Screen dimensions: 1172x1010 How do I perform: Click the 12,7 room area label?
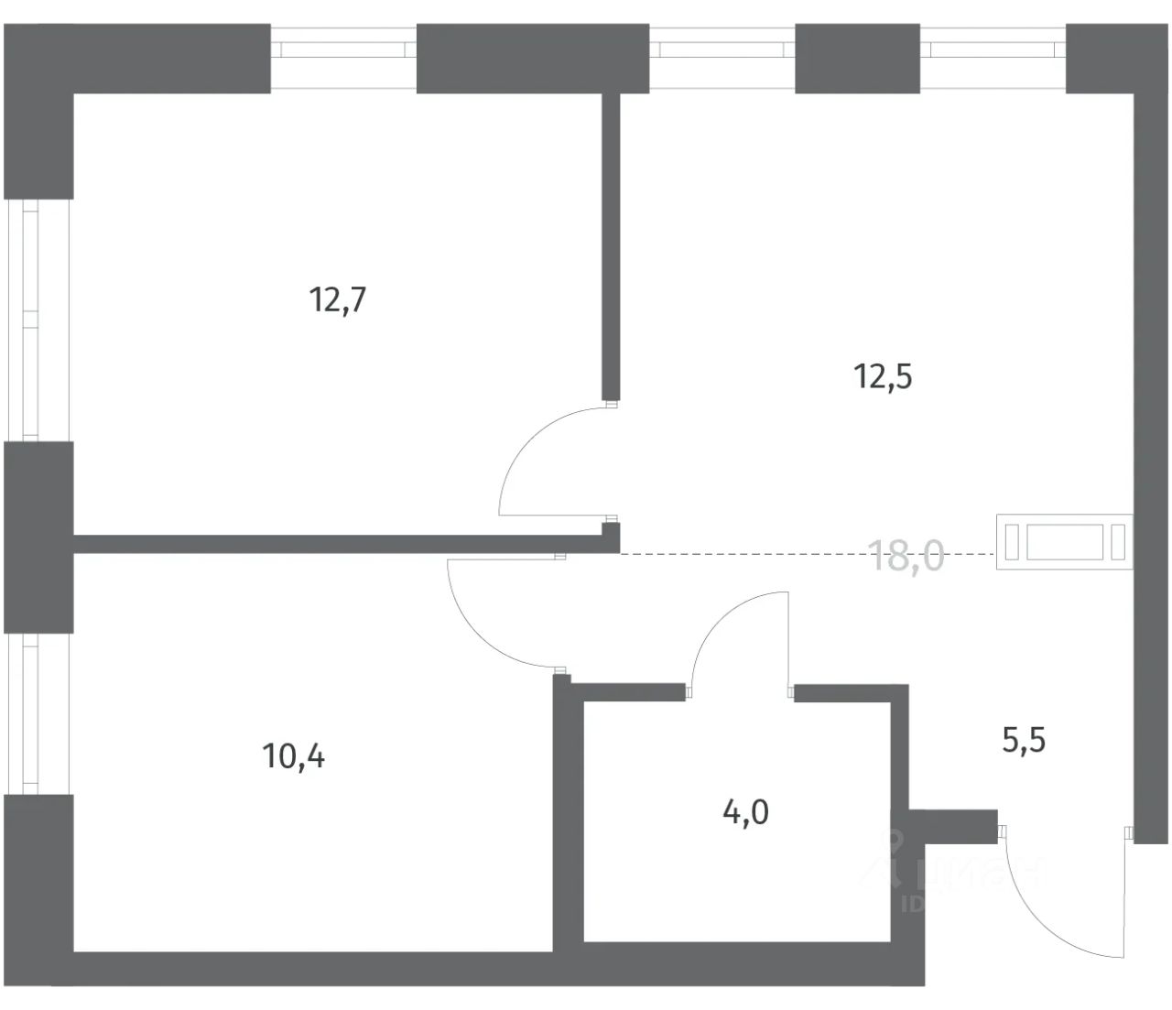pyautogui.click(x=339, y=299)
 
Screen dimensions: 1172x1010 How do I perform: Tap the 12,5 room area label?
pyautogui.click(x=884, y=376)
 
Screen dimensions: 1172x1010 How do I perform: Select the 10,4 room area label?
pyautogui.click(x=293, y=757)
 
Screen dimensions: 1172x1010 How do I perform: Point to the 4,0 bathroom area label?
pyautogui.click(x=745, y=811)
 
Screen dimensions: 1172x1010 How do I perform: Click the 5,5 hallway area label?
pyautogui.click(x=1024, y=739)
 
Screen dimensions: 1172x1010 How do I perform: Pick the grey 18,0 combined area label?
pyautogui.click(x=906, y=556)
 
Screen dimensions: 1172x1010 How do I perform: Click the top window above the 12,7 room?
pyautogui.click(x=343, y=58)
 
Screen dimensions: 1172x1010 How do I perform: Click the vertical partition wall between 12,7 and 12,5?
pyautogui.click(x=611, y=247)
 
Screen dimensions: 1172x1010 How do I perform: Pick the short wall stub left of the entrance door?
pyautogui.click(x=952, y=823)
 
